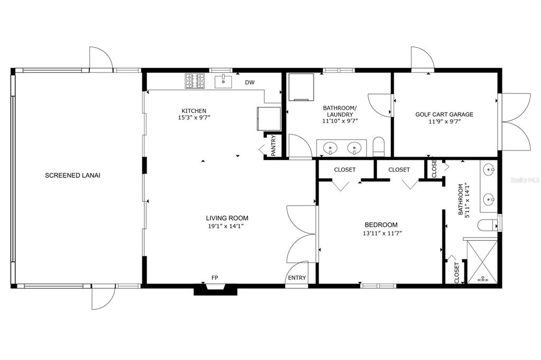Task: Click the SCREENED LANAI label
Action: click(72, 175)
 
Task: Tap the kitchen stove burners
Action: click(194, 81)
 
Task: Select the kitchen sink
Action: click(223, 82)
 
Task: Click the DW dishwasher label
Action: click(250, 82)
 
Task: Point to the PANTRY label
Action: click(273, 146)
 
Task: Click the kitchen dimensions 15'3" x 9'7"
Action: click(194, 118)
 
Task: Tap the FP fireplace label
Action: click(214, 278)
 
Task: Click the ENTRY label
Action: click(297, 278)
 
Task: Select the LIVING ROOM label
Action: click(227, 218)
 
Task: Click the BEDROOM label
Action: click(381, 225)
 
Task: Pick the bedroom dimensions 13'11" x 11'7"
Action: click(383, 233)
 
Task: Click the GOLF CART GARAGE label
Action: click(444, 114)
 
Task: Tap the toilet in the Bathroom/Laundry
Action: click(378, 147)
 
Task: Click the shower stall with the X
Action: click(482, 261)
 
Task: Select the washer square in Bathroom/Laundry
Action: click(301, 87)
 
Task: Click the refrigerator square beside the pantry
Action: click(269, 119)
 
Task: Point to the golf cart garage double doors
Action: click(516, 122)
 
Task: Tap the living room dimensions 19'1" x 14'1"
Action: click(226, 226)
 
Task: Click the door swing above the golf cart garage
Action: click(422, 59)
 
